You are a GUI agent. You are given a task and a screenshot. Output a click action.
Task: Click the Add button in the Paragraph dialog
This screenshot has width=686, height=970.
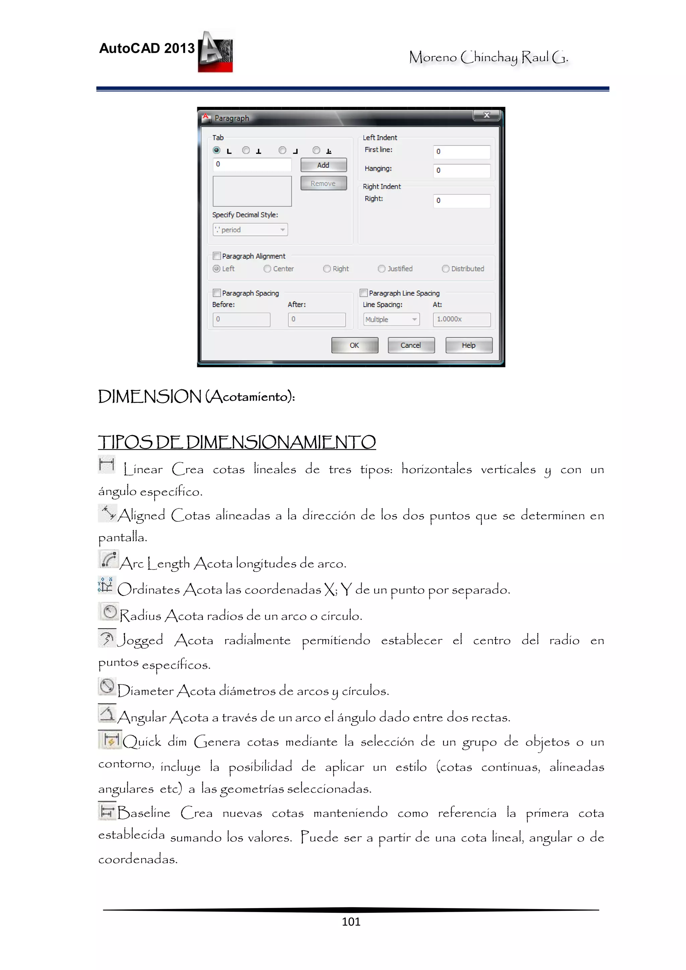point(323,165)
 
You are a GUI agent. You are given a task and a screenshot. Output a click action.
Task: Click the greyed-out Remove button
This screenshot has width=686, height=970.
point(323,183)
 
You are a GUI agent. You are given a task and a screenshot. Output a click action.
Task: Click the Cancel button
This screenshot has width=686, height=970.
point(411,345)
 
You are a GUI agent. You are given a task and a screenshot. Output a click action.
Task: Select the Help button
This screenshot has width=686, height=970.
point(468,345)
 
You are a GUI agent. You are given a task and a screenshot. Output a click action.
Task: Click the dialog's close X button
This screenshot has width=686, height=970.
point(486,115)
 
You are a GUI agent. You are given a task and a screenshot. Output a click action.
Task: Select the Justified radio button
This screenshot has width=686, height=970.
point(382,269)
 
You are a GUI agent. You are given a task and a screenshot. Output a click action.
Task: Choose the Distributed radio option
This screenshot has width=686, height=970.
point(445,269)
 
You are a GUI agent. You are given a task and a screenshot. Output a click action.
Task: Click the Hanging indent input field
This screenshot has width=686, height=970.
point(461,170)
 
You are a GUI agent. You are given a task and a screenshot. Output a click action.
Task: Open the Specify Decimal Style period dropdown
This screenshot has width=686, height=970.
point(250,229)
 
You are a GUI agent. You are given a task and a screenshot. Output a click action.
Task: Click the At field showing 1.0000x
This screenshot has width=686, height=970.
point(461,319)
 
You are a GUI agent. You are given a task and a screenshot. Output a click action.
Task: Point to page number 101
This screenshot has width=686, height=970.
point(351,921)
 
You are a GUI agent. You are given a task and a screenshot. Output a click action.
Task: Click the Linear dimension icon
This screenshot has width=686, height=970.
point(107,464)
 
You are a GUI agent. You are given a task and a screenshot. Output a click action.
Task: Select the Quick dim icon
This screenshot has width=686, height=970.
point(110,740)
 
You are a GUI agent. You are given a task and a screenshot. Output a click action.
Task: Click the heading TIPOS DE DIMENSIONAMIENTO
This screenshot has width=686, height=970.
point(237,442)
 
